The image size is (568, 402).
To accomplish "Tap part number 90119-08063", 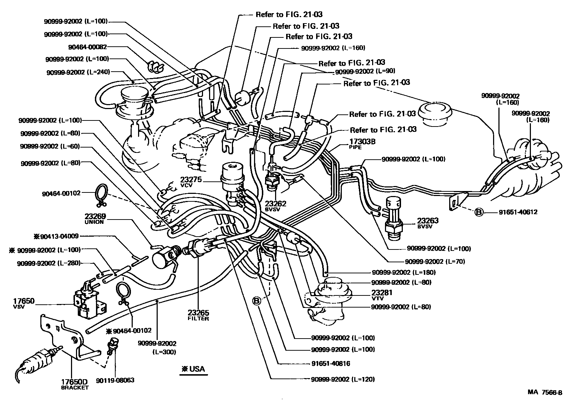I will (115, 380).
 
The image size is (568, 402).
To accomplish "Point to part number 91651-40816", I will (330, 364).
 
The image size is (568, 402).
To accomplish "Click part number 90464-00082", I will (87, 46).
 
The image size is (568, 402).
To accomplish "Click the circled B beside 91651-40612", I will (478, 212).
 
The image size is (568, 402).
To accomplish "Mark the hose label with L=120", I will (343, 379).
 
